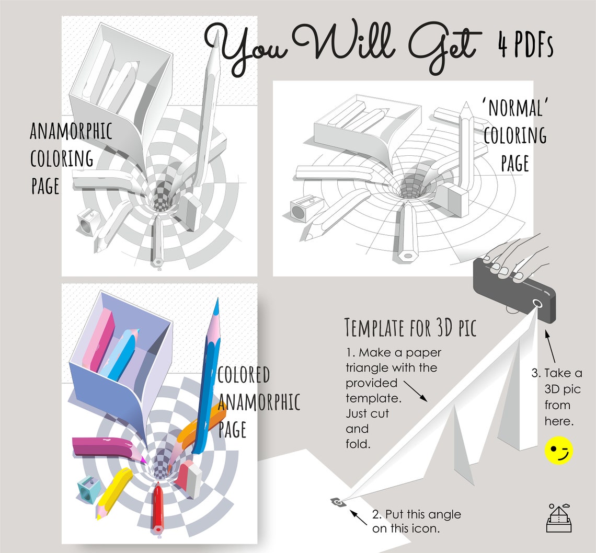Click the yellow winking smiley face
click(558, 451)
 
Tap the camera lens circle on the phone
click(537, 303)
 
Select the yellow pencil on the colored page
click(113, 493)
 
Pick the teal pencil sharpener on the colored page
click(88, 490)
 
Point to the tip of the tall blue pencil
click(217, 299)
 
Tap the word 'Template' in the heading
click(374, 328)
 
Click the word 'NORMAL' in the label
click(515, 108)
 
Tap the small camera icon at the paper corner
click(338, 502)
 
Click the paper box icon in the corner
click(559, 518)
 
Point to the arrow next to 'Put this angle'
click(358, 517)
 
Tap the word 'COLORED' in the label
click(244, 375)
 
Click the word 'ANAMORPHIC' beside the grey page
click(71, 131)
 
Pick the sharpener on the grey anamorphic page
click(88, 222)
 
